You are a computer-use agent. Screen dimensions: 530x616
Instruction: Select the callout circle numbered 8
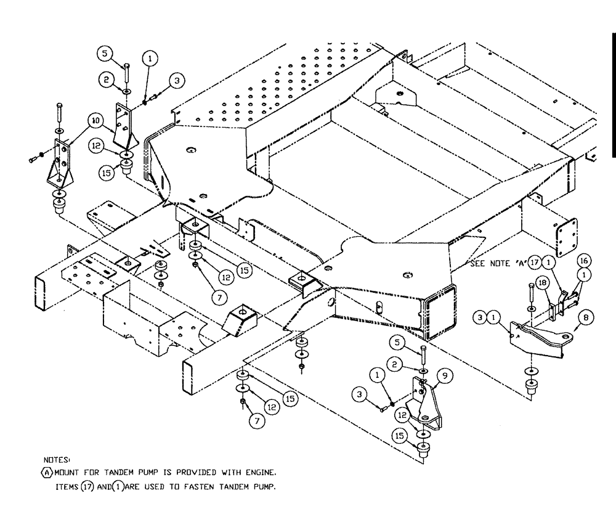pos(585,319)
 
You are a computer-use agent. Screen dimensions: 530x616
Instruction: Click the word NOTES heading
pos(57,460)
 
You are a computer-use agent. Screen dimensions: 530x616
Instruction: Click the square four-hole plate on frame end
pos(564,238)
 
